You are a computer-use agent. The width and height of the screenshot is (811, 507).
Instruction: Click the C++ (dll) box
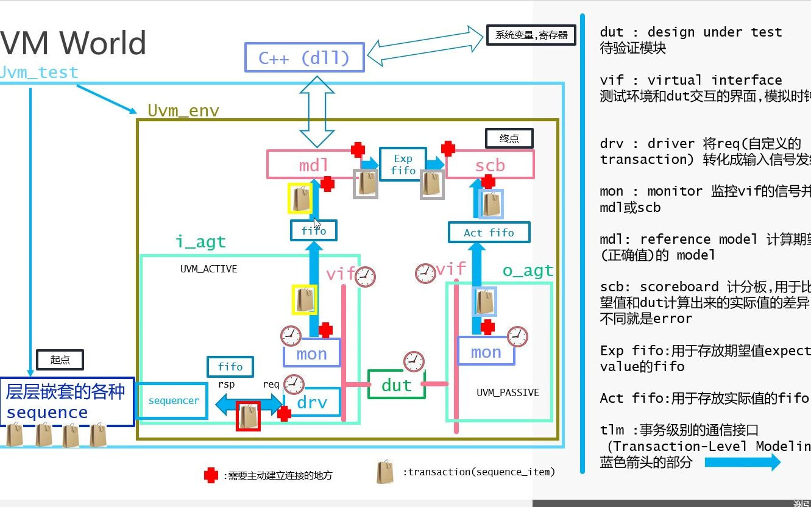click(304, 58)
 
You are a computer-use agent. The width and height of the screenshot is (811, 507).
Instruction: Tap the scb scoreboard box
click(490, 165)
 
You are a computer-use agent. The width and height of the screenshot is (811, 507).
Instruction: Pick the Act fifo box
click(489, 232)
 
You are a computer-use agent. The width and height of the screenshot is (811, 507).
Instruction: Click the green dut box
click(396, 385)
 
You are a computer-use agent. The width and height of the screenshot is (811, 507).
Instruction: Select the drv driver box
click(311, 402)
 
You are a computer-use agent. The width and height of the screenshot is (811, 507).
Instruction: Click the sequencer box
click(174, 400)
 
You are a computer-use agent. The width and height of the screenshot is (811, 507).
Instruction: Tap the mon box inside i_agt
click(311, 353)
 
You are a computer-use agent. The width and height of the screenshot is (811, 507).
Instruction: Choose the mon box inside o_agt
click(486, 352)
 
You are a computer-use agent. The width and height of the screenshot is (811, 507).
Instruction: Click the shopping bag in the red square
click(248, 416)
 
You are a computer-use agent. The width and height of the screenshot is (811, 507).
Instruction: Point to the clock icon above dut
click(414, 361)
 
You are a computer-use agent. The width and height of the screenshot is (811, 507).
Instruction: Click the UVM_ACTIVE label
click(208, 269)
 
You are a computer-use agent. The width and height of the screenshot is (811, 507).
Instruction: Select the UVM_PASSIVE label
click(508, 392)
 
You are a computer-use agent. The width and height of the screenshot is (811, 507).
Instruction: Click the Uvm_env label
click(183, 110)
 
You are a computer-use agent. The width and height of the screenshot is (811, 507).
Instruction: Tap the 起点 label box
click(60, 360)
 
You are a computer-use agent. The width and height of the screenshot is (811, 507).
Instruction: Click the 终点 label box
click(509, 138)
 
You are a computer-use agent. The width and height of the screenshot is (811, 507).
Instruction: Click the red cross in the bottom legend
click(211, 475)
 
